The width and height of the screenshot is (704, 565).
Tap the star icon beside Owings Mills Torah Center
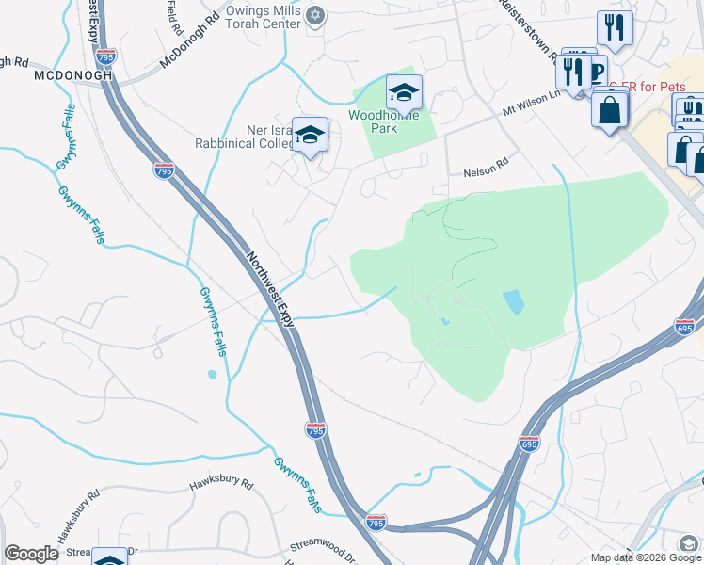tap(315, 15)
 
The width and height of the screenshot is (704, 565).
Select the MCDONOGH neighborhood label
tap(66, 74)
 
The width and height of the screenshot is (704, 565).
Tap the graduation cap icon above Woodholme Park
tap(404, 92)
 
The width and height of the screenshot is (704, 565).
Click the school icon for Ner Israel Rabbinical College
tap(309, 135)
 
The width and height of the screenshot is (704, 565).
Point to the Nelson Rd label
tap(485, 173)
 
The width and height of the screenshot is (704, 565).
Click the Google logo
tap(31, 554)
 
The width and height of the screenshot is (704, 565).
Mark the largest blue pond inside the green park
tap(514, 301)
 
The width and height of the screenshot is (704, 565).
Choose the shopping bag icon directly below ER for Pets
tap(611, 109)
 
